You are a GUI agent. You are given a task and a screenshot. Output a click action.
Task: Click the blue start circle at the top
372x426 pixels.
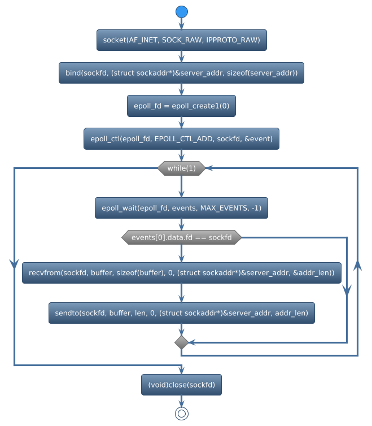181,11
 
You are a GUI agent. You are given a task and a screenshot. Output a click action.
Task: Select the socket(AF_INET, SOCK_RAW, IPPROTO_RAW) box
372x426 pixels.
181,40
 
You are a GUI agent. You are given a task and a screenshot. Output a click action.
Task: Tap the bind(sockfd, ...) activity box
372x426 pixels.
181,73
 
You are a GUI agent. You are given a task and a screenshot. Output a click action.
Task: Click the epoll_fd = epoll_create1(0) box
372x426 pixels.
181,106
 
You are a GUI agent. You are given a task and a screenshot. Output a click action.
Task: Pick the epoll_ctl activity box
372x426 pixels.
181,138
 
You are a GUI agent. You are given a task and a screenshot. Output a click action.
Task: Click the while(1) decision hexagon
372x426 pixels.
181,168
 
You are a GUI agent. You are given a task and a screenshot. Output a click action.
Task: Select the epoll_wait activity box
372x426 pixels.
181,208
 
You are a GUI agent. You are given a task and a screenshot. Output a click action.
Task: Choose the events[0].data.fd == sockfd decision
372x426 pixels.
181,238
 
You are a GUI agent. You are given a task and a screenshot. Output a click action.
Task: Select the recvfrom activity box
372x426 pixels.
181,273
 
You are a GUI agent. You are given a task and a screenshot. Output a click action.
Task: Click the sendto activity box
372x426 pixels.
181,312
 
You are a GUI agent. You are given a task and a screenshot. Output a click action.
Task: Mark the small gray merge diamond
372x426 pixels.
181,342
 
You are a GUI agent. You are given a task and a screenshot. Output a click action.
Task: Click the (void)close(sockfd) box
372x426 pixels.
181,385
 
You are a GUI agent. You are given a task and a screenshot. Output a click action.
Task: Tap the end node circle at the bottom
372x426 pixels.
181,414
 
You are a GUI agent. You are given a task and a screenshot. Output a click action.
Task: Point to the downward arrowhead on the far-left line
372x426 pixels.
14,263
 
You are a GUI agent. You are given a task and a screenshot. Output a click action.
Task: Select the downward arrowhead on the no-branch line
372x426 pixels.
347,289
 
